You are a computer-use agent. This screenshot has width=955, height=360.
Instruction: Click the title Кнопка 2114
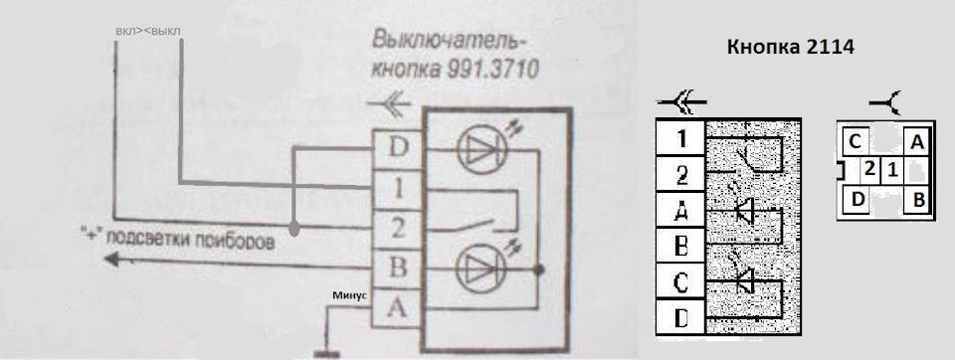coord(791,48)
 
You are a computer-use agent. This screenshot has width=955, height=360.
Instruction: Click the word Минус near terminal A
coord(350,295)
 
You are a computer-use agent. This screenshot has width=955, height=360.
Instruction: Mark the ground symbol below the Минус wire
coord(324,351)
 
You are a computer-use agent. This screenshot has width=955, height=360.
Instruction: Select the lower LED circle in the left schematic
coord(481,269)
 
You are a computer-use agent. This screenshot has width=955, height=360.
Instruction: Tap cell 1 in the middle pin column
coord(681,138)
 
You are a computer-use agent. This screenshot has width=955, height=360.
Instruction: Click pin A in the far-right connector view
coord(917,143)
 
